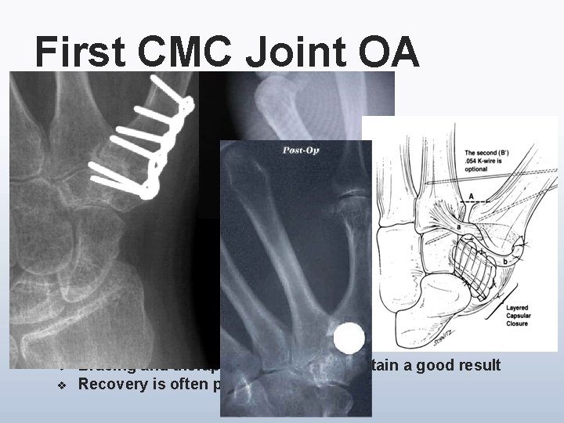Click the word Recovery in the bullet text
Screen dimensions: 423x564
coord(113,385)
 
